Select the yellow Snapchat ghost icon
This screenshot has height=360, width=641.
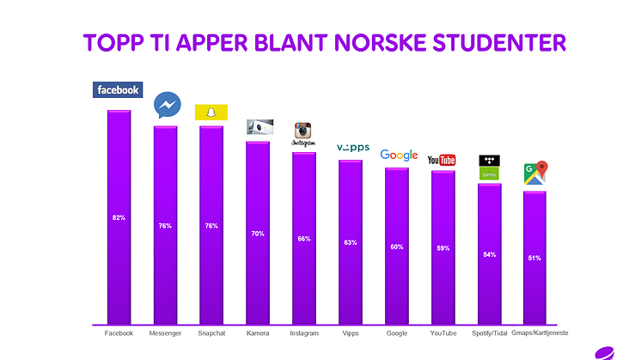211,112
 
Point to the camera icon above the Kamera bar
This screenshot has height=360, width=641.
259,127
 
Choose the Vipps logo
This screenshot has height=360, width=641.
352,148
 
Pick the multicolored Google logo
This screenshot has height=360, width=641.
399,156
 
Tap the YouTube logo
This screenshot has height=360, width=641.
442,160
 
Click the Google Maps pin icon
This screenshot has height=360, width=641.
536,173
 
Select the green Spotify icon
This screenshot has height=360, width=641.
489,174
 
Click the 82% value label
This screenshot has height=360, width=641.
119,218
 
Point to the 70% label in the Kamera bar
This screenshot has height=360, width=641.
258,234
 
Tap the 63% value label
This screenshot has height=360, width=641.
350,242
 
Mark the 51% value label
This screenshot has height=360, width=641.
534,258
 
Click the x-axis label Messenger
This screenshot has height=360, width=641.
165,333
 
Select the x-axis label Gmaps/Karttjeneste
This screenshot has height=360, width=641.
540,333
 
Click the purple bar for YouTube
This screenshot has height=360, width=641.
443,249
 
